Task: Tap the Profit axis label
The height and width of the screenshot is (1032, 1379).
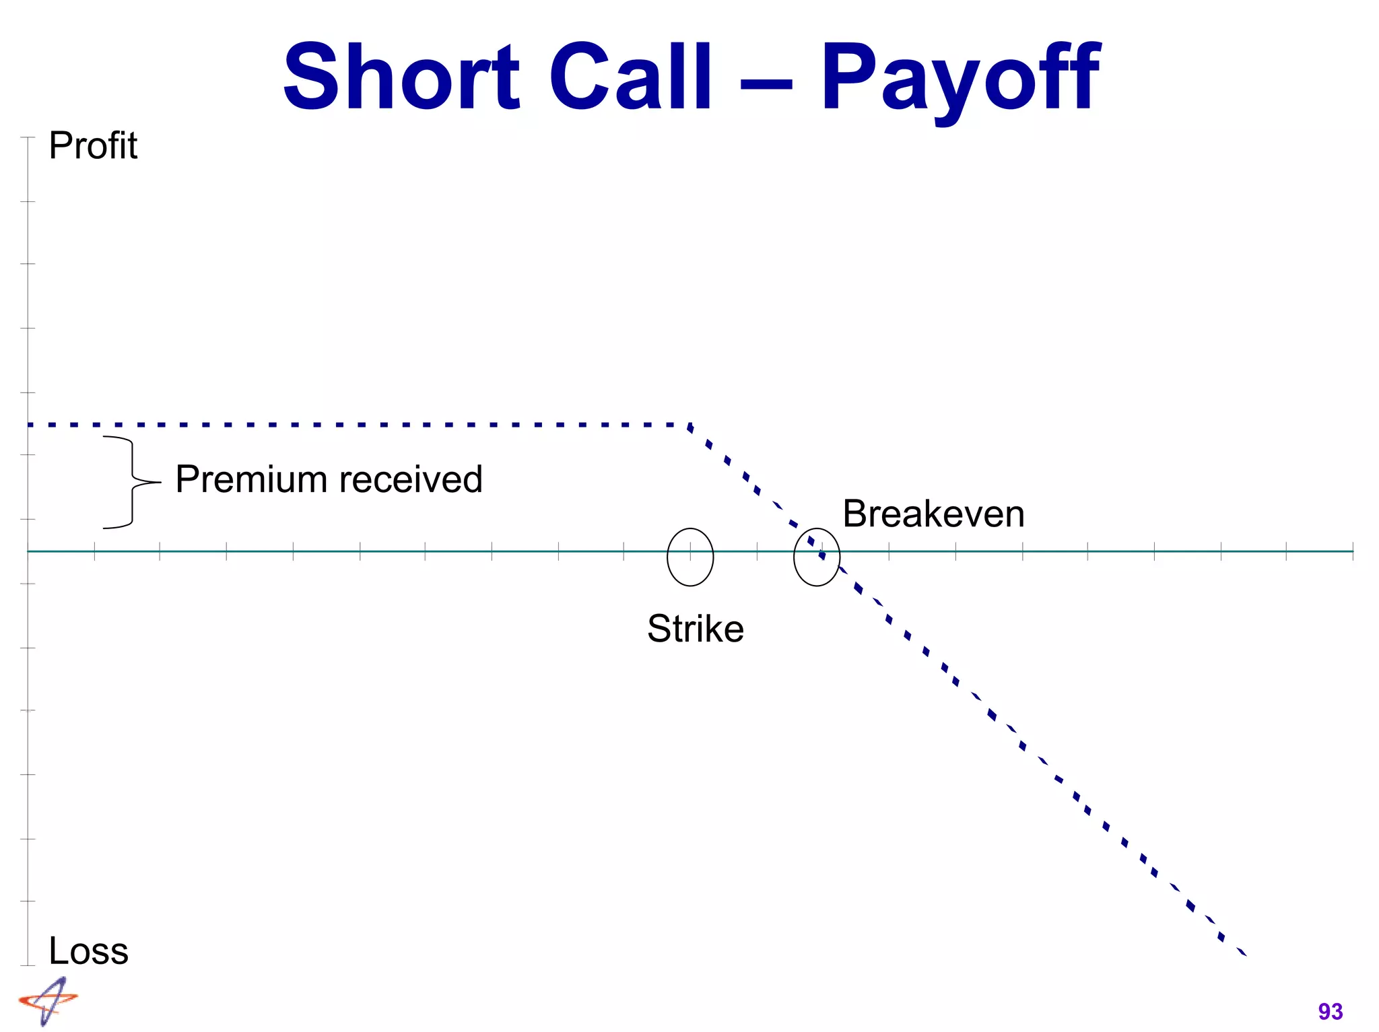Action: point(93,145)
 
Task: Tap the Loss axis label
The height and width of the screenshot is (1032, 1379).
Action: point(88,951)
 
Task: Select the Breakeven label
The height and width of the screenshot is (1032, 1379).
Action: point(933,514)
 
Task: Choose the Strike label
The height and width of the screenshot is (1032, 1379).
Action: point(696,629)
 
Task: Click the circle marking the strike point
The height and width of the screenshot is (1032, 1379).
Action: point(690,557)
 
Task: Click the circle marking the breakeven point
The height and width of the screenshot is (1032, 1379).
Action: point(817,557)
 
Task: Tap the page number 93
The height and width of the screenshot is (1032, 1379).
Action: point(1330,1011)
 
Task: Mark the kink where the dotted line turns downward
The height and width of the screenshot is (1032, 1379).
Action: point(689,425)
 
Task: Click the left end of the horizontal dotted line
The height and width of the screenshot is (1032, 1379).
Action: point(30,425)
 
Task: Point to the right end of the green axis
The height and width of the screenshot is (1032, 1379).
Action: point(1351,551)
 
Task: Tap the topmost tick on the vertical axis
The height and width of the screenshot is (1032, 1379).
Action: point(28,137)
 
